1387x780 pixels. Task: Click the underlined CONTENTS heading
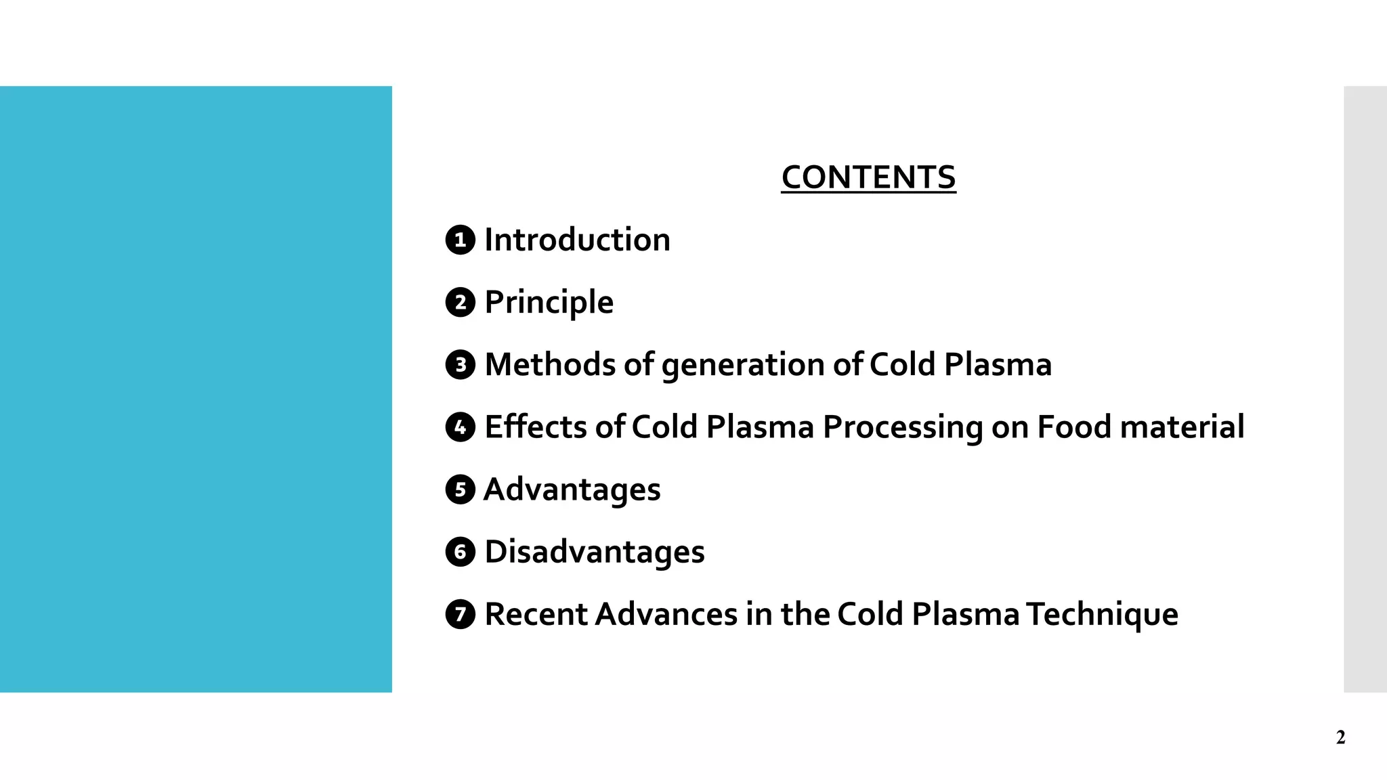point(868,177)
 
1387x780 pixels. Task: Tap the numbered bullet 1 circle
point(461,240)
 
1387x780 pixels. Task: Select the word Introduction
point(577,240)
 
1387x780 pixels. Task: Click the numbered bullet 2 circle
point(461,302)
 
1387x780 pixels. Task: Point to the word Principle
point(549,302)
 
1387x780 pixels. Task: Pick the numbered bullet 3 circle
point(461,365)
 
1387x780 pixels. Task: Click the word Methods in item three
point(550,365)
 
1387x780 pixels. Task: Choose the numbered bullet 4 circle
point(461,427)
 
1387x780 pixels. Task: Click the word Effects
point(536,427)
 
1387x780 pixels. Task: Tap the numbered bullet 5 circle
point(461,490)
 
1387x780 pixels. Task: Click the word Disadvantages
point(595,552)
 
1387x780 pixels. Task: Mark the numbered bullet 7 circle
point(461,614)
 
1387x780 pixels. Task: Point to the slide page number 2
point(1340,737)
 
